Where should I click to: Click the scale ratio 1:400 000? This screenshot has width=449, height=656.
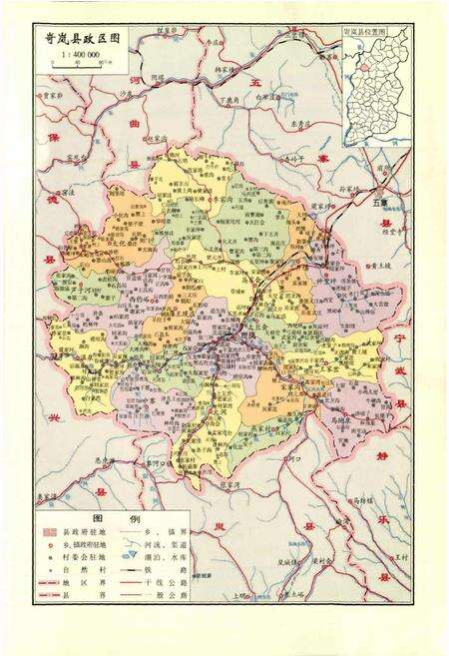click(70, 50)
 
